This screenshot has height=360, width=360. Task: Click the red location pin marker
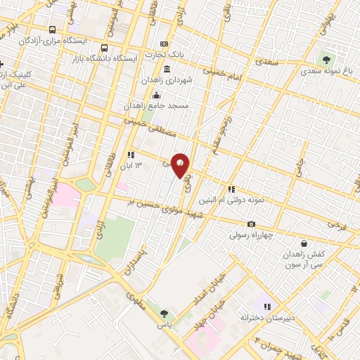(181, 165)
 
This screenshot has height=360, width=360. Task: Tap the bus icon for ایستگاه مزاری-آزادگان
(53, 30)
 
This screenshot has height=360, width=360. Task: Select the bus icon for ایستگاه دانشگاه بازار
(105, 49)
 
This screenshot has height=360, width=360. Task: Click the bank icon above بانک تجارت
(165, 44)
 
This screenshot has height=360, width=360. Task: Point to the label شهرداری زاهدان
(167, 82)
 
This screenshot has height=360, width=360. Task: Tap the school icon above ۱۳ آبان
(130, 155)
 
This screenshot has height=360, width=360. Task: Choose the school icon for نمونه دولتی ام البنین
(231, 188)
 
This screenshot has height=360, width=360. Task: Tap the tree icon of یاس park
(165, 314)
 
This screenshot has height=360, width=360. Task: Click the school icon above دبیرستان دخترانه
(266, 306)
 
